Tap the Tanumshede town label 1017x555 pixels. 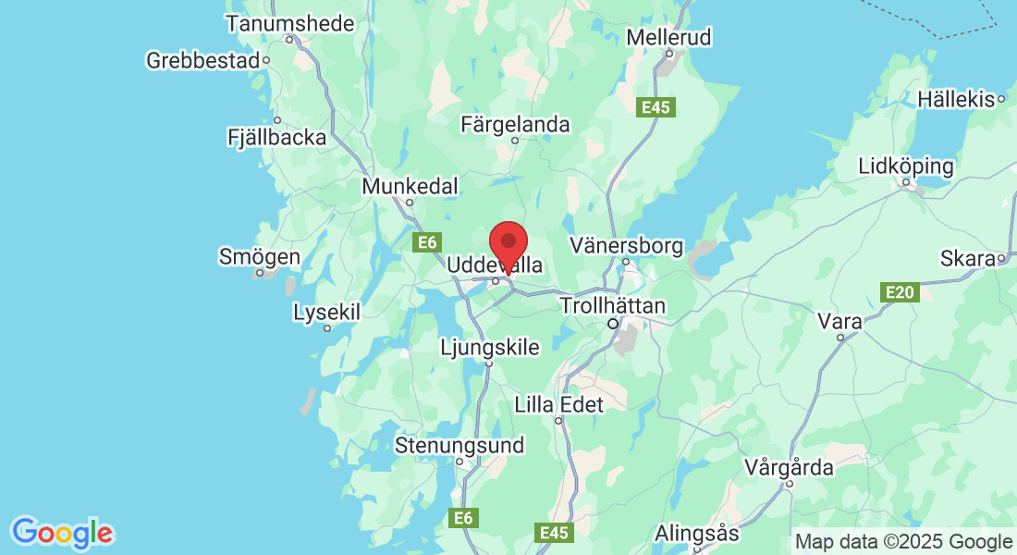(289, 23)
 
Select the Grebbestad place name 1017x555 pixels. (203, 61)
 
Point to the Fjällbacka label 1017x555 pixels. (276, 138)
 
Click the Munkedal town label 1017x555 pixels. (410, 187)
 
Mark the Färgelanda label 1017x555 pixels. (516, 125)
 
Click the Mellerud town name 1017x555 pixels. (668, 38)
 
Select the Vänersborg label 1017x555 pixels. (626, 246)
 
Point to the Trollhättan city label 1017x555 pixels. (612, 306)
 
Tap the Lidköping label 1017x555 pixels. (905, 167)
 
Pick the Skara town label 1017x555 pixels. (967, 258)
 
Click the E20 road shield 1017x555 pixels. (900, 293)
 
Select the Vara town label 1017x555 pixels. (840, 322)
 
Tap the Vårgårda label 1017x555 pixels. (790, 468)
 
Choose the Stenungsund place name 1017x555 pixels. (459, 446)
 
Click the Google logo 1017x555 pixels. (62, 533)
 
